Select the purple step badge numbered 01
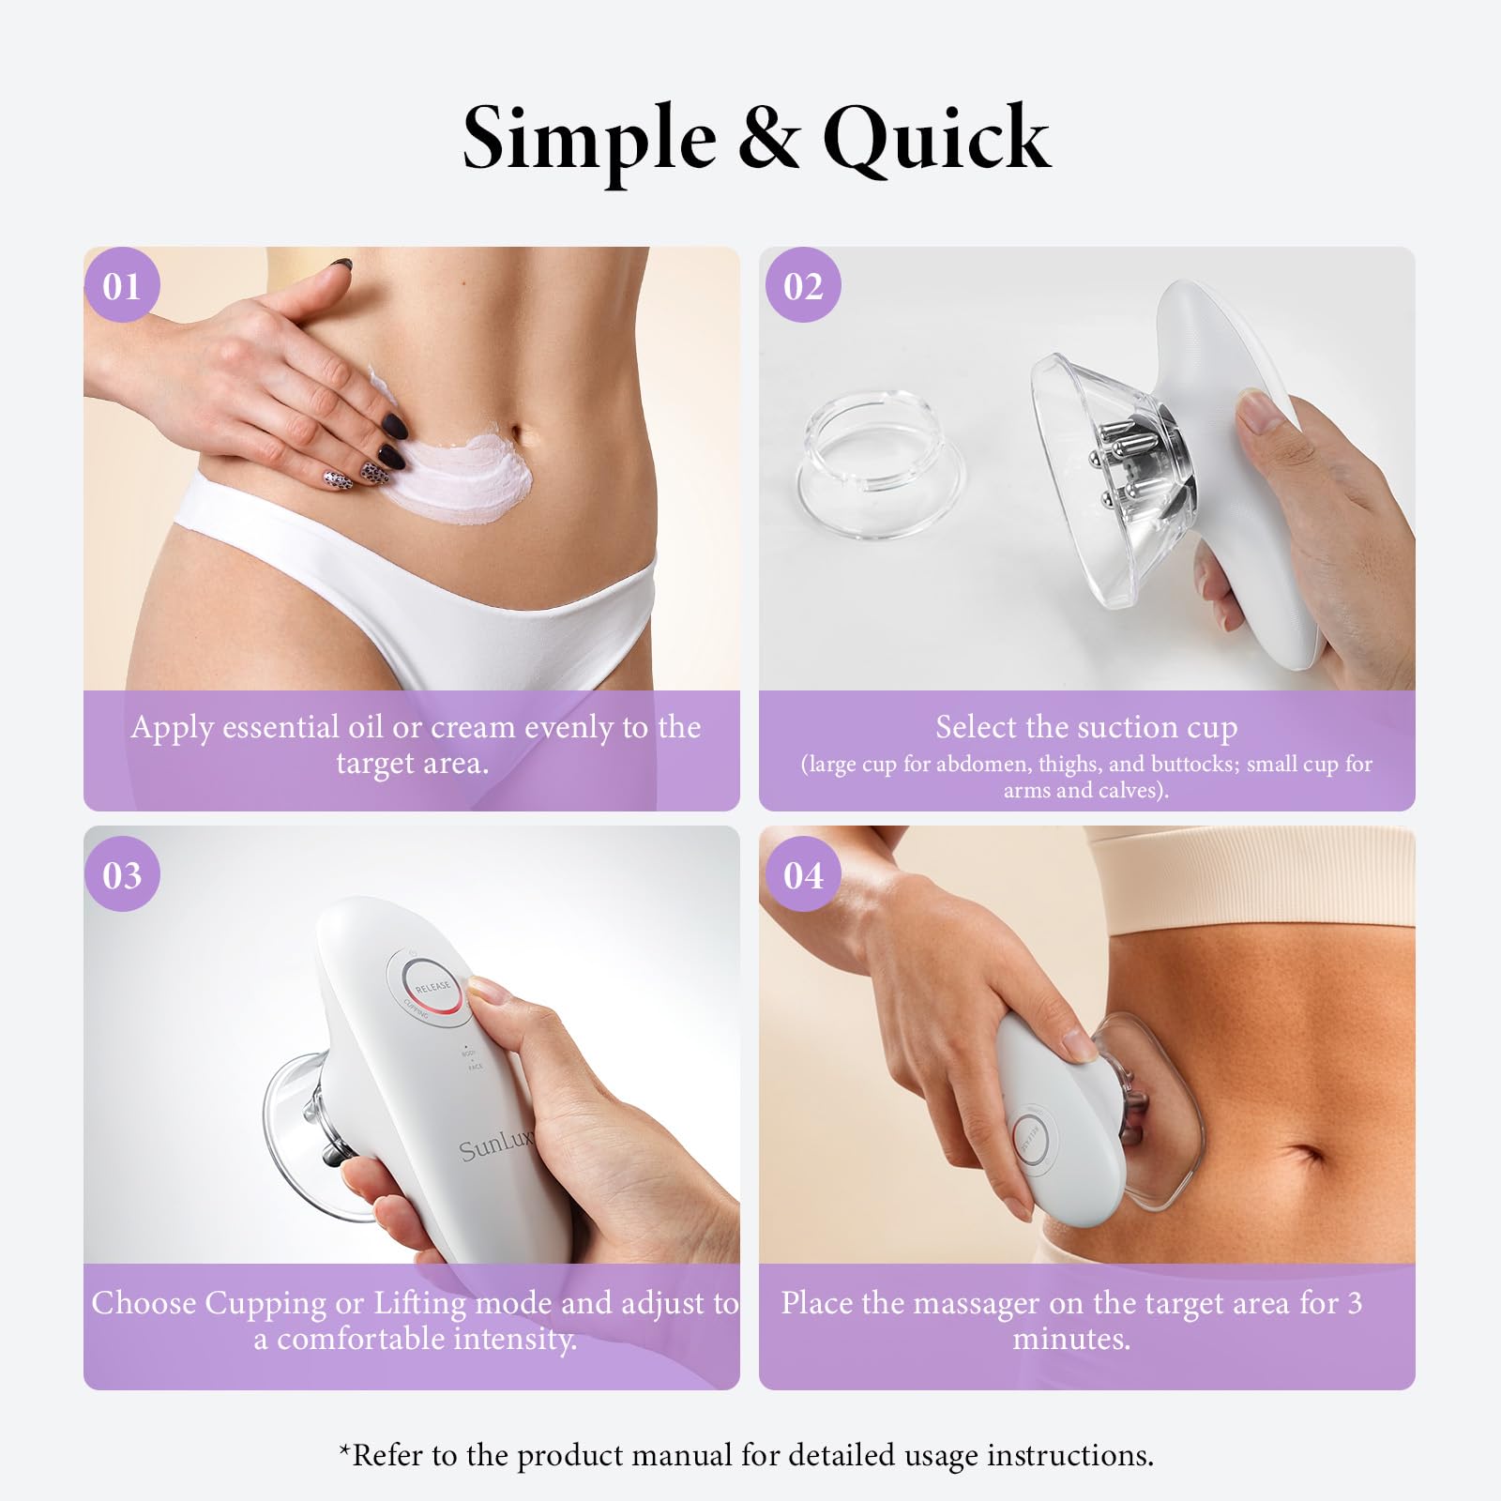pos(122,285)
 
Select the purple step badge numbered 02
pos(803,285)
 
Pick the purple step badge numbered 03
pos(122,875)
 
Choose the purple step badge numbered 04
pos(803,875)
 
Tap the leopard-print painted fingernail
pos(336,478)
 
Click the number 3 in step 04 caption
pos(1354,1303)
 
